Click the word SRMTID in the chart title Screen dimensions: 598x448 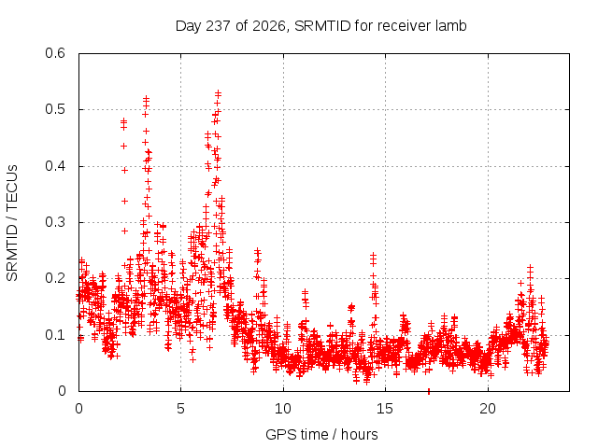[322, 26]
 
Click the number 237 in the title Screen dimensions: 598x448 [218, 26]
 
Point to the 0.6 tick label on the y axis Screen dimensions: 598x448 [55, 53]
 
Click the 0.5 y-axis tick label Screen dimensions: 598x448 [55, 109]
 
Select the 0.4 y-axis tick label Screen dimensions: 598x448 [55, 166]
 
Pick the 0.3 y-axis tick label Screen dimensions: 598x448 [55, 222]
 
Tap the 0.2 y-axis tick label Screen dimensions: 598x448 [55, 278]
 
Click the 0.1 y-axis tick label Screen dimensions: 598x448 [55, 335]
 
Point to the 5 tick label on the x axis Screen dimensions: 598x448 [180, 409]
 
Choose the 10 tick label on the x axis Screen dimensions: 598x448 [282, 409]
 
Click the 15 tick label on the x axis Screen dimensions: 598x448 [385, 409]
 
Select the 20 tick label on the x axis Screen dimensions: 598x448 [488, 409]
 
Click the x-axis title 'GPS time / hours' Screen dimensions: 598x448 [321, 434]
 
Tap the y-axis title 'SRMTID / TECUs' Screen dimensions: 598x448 [12, 223]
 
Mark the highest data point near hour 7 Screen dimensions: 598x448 [218, 92]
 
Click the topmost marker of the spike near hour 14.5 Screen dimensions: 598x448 [373, 255]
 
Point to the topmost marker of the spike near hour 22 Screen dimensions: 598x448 [530, 268]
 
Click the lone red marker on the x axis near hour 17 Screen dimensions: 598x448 [429, 391]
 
